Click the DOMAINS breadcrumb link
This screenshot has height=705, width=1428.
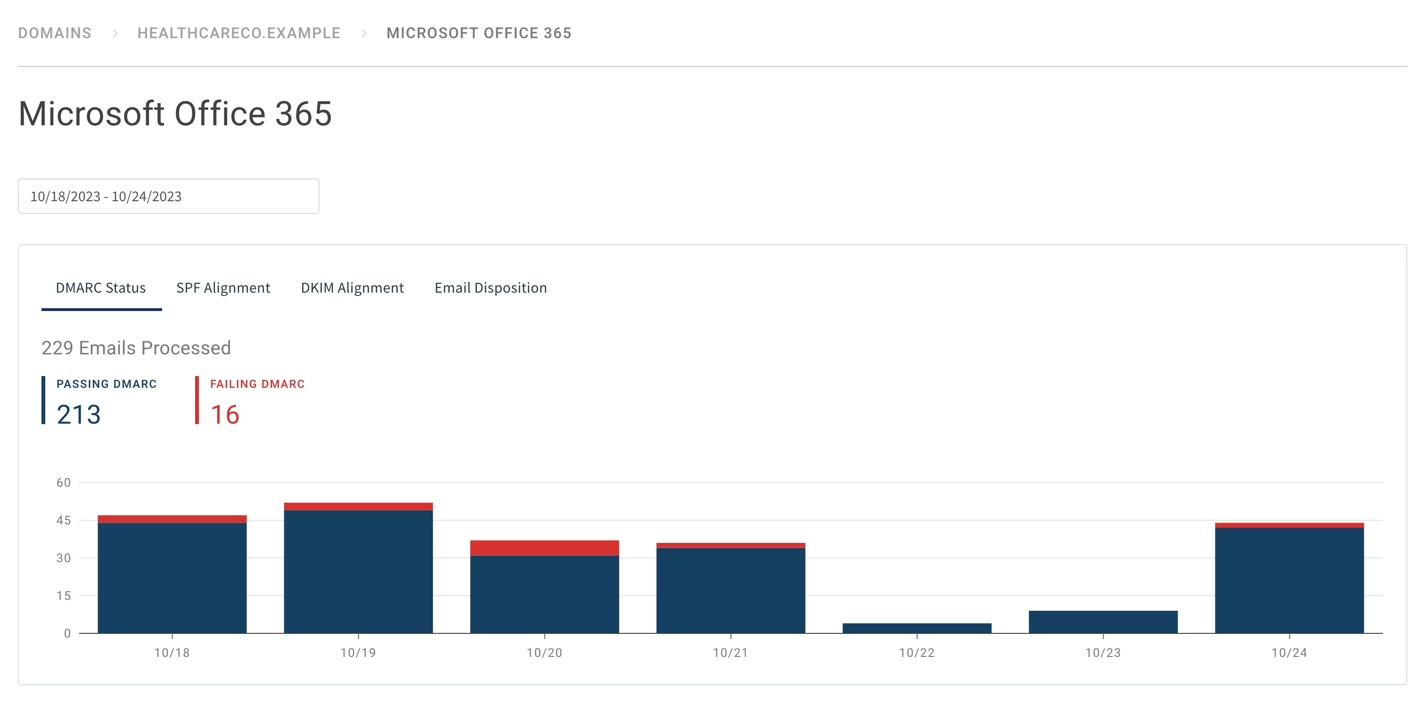tap(54, 33)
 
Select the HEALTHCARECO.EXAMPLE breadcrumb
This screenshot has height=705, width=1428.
tap(238, 33)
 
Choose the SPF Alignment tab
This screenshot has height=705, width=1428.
tap(223, 287)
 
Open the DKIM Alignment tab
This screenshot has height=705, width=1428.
tap(352, 287)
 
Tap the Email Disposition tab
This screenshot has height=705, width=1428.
tap(491, 287)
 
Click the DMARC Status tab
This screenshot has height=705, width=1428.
tap(101, 287)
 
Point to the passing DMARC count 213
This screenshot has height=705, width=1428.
tap(79, 415)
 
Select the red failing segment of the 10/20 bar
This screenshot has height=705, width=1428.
tap(544, 548)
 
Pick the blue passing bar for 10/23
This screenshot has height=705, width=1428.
tap(1103, 622)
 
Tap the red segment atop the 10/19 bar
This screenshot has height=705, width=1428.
tap(358, 506)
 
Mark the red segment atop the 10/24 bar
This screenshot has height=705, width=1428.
tap(1289, 525)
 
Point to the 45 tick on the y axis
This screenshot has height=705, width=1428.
tap(64, 520)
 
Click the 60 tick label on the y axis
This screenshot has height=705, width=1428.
tap(64, 483)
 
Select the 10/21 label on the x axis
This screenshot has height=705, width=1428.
tap(730, 653)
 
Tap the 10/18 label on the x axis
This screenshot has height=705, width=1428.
tap(172, 653)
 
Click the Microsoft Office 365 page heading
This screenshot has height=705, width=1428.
tap(175, 114)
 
